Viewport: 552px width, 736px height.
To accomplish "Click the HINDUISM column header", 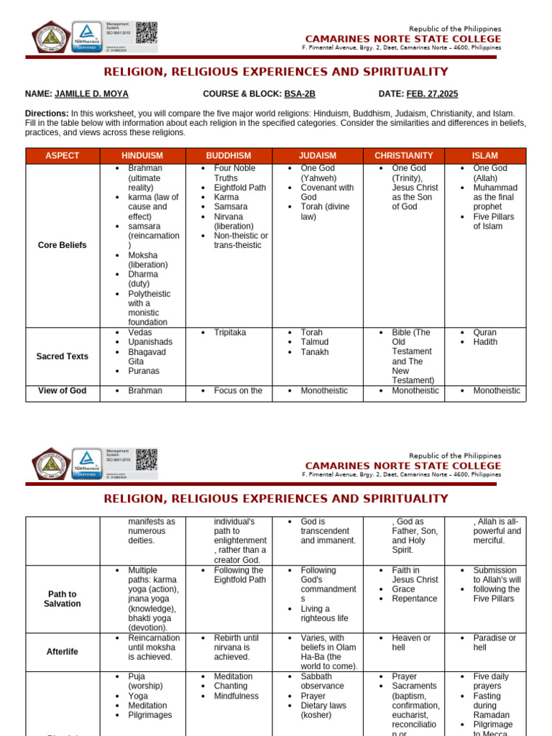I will coord(142,156).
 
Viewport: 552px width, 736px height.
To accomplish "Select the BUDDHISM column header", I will coord(229,156).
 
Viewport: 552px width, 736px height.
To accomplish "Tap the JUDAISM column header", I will coord(318,156).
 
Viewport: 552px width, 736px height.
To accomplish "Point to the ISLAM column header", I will coord(485,156).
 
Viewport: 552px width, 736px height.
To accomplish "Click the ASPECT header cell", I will coord(63,156).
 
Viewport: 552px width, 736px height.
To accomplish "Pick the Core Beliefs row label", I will coord(63,245).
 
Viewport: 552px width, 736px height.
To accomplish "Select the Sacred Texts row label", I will coord(63,356).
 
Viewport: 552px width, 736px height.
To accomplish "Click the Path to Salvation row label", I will coord(63,599).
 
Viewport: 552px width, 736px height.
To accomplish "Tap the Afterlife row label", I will coord(63,652).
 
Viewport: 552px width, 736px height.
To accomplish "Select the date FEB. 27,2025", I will coord(432,94).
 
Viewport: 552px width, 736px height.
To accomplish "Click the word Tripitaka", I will coord(230,333).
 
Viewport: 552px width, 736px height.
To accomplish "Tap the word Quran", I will coord(484,333).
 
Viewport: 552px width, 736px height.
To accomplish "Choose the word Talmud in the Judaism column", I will coord(315,343).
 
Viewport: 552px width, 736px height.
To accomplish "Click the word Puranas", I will coord(144,372).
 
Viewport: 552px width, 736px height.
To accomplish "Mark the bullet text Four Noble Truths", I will coord(234,173).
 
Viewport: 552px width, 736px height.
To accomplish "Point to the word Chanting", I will coord(231,686).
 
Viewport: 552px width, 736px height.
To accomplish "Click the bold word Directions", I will coord(47,114).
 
